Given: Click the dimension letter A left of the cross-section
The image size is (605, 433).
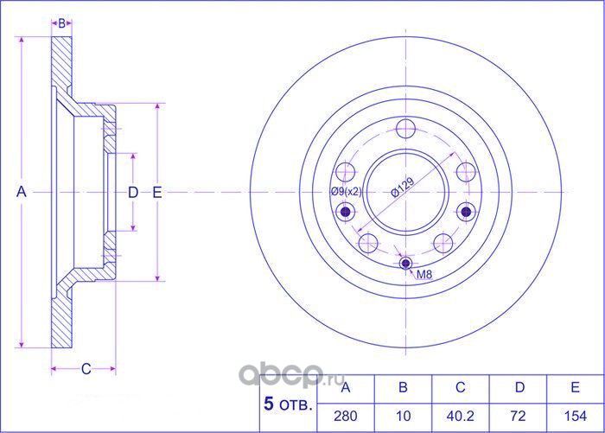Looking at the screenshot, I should pos(22,193).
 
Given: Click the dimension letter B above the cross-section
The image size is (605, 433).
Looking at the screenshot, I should pos(62,22).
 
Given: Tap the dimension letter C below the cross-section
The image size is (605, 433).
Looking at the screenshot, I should pos(86,369).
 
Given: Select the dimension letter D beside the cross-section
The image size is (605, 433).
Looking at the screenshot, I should pos(132,193).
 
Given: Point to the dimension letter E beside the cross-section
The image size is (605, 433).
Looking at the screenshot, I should pos(157,193).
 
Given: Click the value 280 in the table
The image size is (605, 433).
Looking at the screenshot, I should pos(346,415).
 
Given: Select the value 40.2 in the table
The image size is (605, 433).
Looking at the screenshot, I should pos(461,415).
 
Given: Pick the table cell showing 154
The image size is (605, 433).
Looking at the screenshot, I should pos(575,415).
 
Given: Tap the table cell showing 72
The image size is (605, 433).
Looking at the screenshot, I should pos(518,415).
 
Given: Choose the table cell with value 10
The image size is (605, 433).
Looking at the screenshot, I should pos(403,415).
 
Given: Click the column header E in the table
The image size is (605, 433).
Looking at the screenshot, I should pos(575,387).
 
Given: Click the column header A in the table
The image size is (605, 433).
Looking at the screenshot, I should pos(346,387).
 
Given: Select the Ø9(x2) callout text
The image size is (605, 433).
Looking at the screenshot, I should pos(344,192).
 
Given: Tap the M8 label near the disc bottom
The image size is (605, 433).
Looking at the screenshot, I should pos(424,275).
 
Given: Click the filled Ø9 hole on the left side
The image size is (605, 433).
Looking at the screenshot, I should pos(347,212).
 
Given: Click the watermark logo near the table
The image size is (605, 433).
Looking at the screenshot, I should pos(285,373).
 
